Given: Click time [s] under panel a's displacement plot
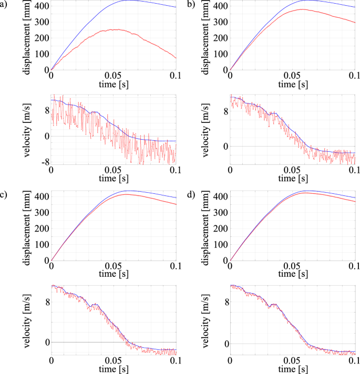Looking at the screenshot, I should (114, 84).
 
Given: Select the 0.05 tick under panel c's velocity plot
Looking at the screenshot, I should (114, 361).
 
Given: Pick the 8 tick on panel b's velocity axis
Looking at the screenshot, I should (224, 111).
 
